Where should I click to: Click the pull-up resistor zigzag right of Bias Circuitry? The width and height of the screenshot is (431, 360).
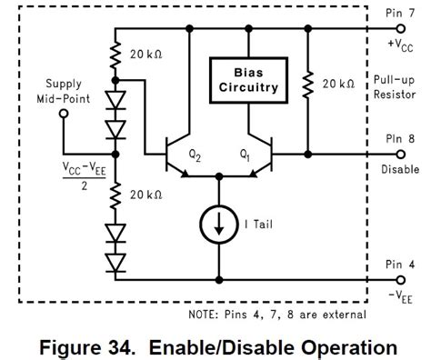tap(309, 84)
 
